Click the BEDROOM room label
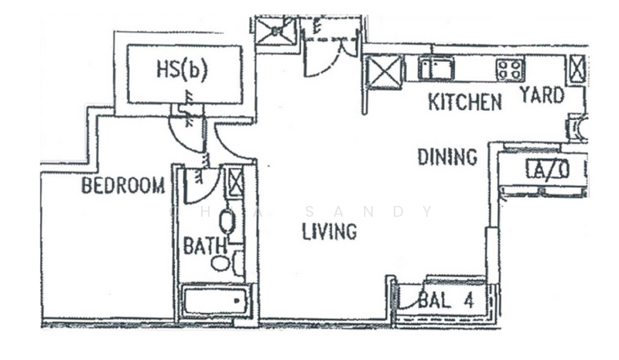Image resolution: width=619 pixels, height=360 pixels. coord(123,185)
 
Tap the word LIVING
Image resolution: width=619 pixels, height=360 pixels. coord(330,231)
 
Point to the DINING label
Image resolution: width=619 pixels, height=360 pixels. coord(447,157)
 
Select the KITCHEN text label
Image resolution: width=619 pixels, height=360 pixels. coord(465,102)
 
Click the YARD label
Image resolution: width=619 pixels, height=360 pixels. coord(542,96)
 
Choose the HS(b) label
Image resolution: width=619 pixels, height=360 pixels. coord(182,70)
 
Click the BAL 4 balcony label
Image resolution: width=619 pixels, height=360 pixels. coord(446,300)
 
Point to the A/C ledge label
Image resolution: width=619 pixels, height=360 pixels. coord(548,170)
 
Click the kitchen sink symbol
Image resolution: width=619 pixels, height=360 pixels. coord(436,68)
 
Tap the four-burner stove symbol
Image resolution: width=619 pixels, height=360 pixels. coord(511,70)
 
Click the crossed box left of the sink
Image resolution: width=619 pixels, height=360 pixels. coord(384,72)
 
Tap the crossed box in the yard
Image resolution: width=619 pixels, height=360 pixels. coord(576,68)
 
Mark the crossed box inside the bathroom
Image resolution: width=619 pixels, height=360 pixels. coord(236,182)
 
